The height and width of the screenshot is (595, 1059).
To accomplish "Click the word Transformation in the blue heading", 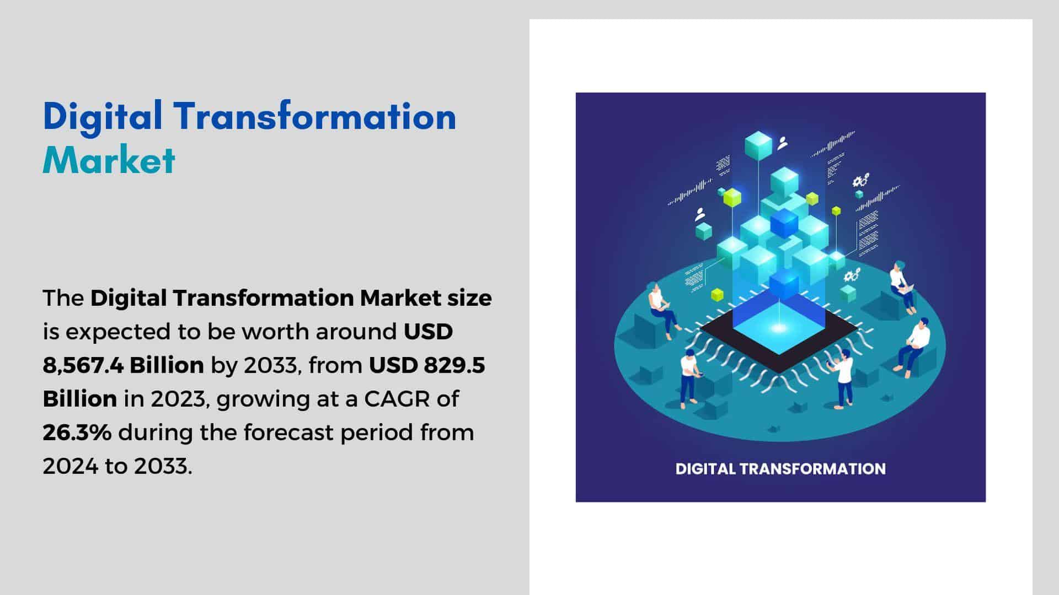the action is pos(314,117).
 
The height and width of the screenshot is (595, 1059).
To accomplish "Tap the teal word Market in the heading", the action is pos(109,160).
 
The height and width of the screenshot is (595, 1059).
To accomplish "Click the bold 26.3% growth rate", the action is pos(77,432).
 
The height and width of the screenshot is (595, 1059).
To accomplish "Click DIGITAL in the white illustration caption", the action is pos(705,469).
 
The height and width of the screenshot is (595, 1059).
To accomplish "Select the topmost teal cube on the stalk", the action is pos(758,145).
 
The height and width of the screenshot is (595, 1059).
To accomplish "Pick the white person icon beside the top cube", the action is pos(782,143).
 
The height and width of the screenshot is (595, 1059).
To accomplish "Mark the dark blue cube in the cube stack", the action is pos(784,223).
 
